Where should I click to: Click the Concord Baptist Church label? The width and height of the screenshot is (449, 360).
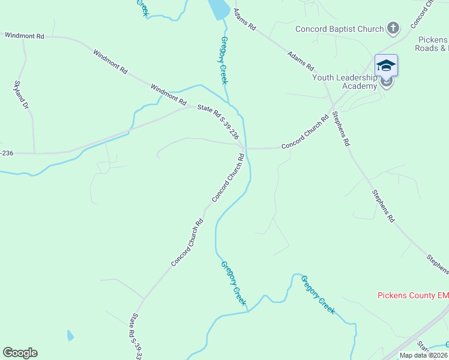point(339,29)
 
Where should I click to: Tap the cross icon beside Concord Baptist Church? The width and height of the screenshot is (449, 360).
point(393,28)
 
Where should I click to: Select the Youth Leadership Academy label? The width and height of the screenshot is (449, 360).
point(344,81)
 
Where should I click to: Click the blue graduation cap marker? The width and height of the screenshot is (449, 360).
point(386,65)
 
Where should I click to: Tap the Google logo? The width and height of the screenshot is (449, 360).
point(20,353)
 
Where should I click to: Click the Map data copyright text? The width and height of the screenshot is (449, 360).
point(423,355)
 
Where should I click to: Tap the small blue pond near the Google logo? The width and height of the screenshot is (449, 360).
point(71,335)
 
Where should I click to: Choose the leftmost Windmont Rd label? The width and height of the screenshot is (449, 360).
point(25,36)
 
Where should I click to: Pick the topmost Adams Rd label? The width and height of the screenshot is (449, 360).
point(245,19)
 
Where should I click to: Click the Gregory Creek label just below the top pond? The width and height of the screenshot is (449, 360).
point(224,60)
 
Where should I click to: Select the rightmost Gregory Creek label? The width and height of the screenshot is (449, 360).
point(318,295)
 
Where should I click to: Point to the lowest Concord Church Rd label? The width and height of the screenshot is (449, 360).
point(187,243)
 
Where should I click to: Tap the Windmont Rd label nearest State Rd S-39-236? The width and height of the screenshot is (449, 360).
point(165,92)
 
